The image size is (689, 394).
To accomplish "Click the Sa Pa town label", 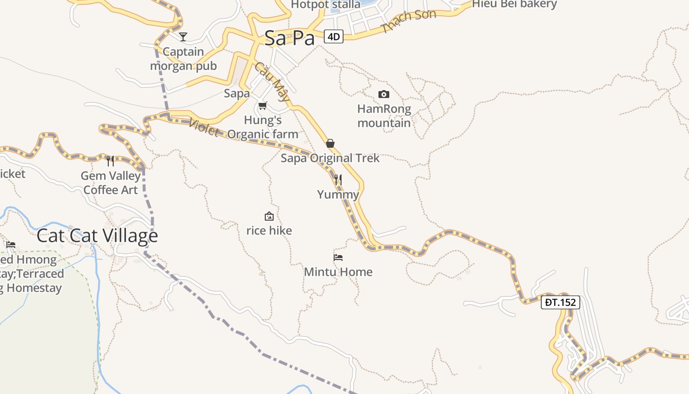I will click(x=289, y=38).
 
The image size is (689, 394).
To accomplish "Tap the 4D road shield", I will click(x=334, y=36).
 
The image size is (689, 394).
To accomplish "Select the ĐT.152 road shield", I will click(x=561, y=302).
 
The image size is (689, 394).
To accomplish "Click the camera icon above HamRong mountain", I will click(x=384, y=94).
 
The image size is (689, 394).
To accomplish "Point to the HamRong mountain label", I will click(x=384, y=116).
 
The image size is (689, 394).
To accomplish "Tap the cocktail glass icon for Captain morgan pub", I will click(x=183, y=36).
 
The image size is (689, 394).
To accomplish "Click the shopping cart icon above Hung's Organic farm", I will click(x=263, y=105).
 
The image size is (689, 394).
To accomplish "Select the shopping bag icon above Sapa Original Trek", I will click(x=330, y=143).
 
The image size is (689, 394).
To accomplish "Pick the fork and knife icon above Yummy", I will click(x=338, y=179).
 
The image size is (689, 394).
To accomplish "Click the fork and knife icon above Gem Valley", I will click(x=110, y=161).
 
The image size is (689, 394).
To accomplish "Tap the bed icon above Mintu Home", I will click(x=338, y=257).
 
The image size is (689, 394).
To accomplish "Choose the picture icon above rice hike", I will click(x=269, y=216).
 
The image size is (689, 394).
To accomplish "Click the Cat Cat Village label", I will click(x=97, y=236).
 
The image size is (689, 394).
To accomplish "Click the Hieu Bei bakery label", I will click(x=514, y=4).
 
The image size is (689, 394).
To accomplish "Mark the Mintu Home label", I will click(x=338, y=272).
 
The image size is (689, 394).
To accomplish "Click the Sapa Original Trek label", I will click(x=330, y=158).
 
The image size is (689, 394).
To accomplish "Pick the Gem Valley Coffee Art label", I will click(x=111, y=183).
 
